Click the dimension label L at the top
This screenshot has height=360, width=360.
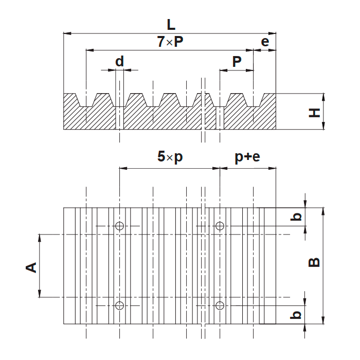[171, 25]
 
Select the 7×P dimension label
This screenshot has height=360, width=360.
[170, 42]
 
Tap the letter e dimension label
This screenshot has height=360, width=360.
[265, 42]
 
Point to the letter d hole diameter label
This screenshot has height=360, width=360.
[119, 61]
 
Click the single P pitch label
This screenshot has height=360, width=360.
[237, 62]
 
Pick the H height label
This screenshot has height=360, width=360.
[314, 113]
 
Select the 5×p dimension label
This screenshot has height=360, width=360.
[170, 157]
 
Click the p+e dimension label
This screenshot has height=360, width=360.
[247, 157]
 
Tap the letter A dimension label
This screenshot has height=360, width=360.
[31, 267]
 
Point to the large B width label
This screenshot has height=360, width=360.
[314, 262]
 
